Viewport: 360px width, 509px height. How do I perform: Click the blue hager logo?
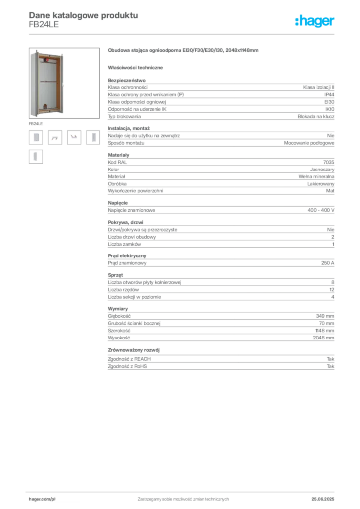point(315,22)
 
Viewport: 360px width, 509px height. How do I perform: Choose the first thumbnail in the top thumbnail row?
point(36,137)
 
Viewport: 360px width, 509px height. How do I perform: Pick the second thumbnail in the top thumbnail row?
point(55,139)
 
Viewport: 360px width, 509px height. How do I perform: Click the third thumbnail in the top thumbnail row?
point(74,135)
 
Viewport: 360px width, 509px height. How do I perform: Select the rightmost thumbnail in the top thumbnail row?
point(95,138)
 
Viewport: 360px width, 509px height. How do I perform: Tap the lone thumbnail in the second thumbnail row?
point(36,157)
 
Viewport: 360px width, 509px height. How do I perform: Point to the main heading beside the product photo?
point(184,51)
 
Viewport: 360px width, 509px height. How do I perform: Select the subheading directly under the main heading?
point(137,67)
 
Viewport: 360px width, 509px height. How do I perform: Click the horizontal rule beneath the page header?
point(183,34)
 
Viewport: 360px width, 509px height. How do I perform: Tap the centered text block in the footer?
point(183,498)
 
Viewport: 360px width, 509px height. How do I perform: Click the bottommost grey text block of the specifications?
point(220,363)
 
